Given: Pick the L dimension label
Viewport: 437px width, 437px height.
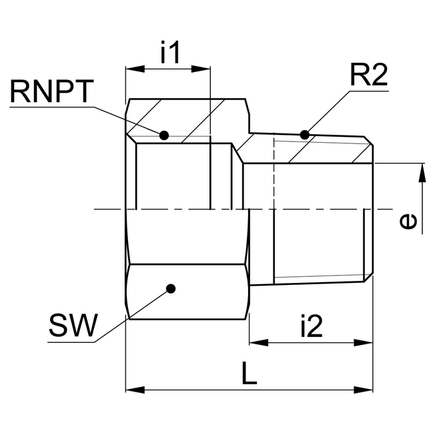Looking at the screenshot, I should (x=249, y=374).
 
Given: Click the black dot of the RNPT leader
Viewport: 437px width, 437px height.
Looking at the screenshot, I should (x=164, y=135).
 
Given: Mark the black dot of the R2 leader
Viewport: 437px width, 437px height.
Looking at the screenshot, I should (x=305, y=135).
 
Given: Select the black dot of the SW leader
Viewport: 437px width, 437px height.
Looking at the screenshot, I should (x=171, y=289).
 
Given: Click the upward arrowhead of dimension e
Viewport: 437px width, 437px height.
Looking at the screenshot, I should (x=422, y=171).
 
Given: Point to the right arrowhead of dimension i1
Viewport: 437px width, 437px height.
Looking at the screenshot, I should (x=203, y=69).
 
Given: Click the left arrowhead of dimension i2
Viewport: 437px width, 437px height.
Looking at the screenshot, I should (x=258, y=342).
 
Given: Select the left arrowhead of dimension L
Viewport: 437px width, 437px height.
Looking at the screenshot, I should (x=133, y=389).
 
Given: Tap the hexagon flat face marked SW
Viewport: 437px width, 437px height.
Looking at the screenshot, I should (x=187, y=292).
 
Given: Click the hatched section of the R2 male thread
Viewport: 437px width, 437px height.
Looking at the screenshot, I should (x=320, y=150).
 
